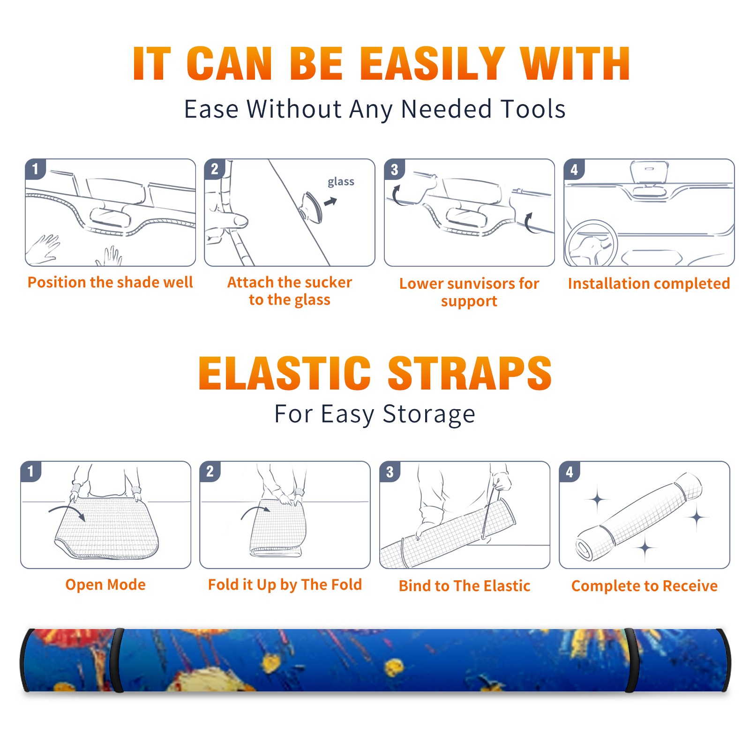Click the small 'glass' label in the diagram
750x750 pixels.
pyautogui.click(x=341, y=182)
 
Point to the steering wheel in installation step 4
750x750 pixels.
pyautogui.click(x=591, y=243)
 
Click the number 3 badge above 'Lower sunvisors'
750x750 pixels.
pyautogui.click(x=395, y=169)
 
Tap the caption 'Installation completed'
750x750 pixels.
pyautogui.click(x=649, y=284)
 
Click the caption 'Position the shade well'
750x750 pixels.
pyautogui.click(x=110, y=282)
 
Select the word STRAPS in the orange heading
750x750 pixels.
pyautogui.click(x=470, y=373)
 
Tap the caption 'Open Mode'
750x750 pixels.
pyautogui.click(x=105, y=585)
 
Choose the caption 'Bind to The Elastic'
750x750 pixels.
pyautogui.click(x=465, y=586)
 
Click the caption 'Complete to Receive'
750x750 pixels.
pyautogui.click(x=645, y=586)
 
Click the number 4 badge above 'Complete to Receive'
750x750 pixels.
pyautogui.click(x=570, y=472)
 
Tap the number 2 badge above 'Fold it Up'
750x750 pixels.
pyautogui.click(x=210, y=471)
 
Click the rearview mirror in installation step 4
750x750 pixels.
pyautogui.click(x=649, y=172)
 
